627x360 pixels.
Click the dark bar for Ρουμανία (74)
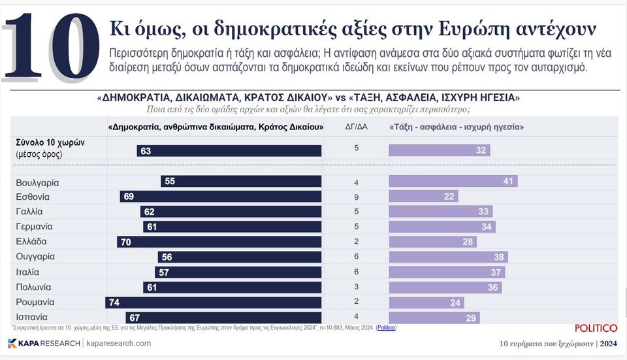coord(213,303)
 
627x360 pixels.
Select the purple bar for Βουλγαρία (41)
coord(453,182)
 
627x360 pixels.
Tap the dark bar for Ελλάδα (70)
coord(219,242)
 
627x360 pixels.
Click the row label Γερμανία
coord(34,227)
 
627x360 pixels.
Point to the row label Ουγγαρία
coord(35,257)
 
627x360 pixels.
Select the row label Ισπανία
coord(32,318)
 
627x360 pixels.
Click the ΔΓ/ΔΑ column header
coord(356,127)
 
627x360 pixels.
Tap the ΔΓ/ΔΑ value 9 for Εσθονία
coord(356,197)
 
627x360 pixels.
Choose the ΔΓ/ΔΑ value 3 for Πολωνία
coord(356,287)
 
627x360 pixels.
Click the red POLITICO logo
coord(596,328)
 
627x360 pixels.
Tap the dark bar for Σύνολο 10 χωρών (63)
coord(229,151)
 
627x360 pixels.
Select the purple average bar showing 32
coord(440,151)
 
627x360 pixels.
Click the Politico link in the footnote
coord(386,327)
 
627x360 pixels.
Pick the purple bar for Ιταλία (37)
coord(447,272)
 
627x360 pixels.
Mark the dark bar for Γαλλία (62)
coord(231,212)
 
